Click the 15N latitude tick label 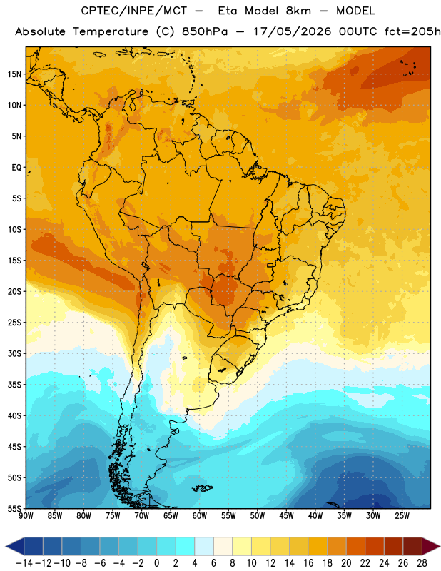(14, 74)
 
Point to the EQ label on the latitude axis (16, 168)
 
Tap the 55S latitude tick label (14, 508)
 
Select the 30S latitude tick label (14, 353)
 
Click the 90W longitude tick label (26, 515)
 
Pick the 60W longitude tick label (200, 515)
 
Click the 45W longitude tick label (286, 515)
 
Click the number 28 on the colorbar (422, 563)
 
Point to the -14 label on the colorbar (24, 563)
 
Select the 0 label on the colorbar (156, 563)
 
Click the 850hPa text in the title (205, 31)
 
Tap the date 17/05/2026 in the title (293, 31)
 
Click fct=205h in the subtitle (412, 31)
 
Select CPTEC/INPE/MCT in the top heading (133, 11)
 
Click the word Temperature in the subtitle (111, 32)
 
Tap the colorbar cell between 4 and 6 (204, 546)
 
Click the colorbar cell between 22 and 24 (375, 546)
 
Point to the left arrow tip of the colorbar (6, 546)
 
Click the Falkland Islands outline (202, 488)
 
